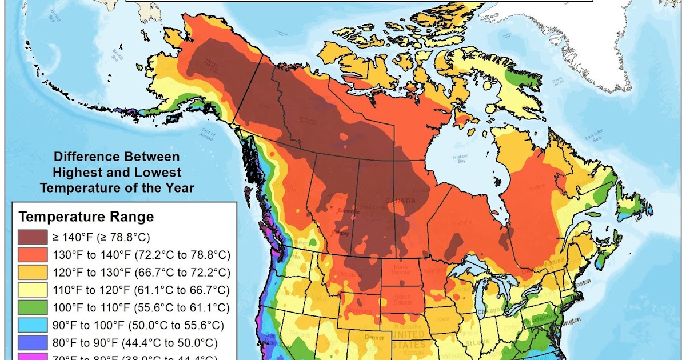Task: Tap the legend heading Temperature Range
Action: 86,217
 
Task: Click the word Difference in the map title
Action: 82,157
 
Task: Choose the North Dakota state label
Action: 400,270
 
